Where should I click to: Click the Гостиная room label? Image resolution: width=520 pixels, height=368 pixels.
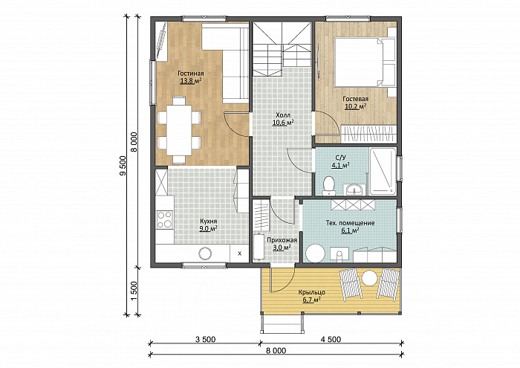(x=191, y=74)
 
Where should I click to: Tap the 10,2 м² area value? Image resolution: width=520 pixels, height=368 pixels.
(x=355, y=106)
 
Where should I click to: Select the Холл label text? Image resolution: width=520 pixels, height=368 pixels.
(x=283, y=115)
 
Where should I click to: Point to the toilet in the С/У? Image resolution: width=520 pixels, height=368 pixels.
(x=329, y=186)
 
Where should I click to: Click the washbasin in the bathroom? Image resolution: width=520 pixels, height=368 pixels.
(x=354, y=190)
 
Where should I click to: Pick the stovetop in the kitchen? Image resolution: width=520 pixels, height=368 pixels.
(x=165, y=219)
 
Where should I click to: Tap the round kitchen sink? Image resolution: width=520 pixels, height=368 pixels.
(x=205, y=254)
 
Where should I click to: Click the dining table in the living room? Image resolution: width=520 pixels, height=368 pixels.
(x=179, y=130)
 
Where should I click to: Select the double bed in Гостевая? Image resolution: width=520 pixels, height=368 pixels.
(x=365, y=62)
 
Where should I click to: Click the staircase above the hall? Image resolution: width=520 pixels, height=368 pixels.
(x=282, y=49)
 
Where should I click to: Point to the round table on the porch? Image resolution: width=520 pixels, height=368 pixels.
(x=369, y=278)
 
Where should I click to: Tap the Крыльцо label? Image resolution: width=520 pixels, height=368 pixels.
(x=311, y=292)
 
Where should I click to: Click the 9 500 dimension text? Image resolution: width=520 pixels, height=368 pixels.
(x=123, y=165)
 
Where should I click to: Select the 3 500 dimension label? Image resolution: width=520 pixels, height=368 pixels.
(x=205, y=339)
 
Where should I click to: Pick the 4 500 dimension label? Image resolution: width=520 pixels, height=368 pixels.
(x=331, y=339)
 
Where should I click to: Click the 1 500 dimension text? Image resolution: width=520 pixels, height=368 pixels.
(x=134, y=291)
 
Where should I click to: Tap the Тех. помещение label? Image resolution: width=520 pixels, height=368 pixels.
(x=350, y=223)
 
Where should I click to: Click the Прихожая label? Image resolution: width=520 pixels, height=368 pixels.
(x=282, y=240)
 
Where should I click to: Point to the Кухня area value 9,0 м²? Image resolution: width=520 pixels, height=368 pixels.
(x=208, y=229)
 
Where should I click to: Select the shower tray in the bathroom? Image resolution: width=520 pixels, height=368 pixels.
(x=383, y=171)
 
